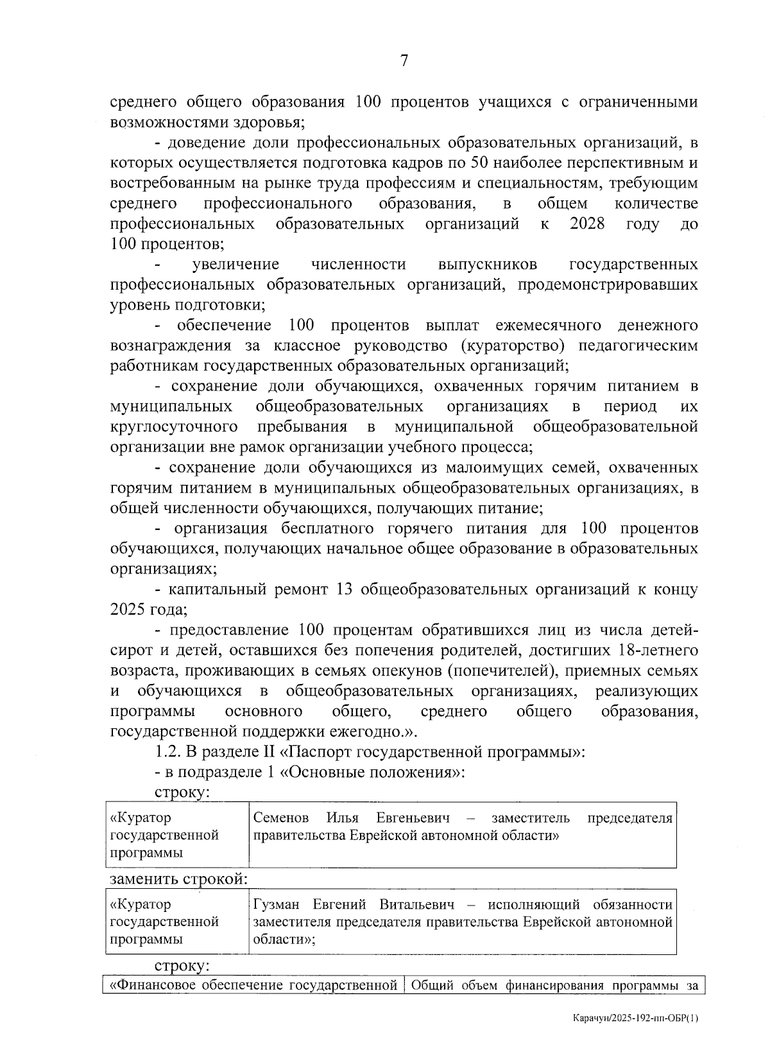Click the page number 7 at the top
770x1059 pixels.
pyautogui.click(x=403, y=61)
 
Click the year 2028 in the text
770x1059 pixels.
pyautogui.click(x=586, y=224)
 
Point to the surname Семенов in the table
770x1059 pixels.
pyautogui.click(x=281, y=818)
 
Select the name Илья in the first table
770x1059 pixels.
pyautogui.click(x=342, y=818)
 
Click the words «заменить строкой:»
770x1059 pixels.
pyautogui.click(x=179, y=879)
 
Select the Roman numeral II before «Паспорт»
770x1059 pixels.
pyautogui.click(x=269, y=751)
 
